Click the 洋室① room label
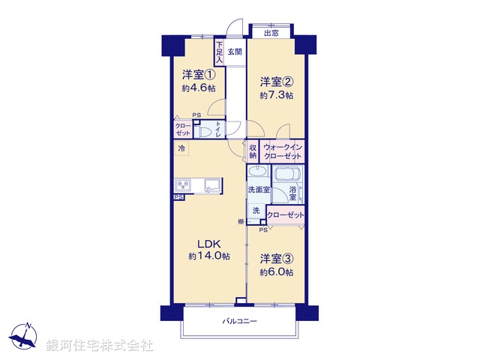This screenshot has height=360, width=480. coord(199,75)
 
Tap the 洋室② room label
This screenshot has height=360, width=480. coord(276,82)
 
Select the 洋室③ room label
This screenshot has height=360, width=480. coord(276,259)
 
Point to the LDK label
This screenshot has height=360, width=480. coord(209,244)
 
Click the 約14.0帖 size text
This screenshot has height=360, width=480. coord(209,256)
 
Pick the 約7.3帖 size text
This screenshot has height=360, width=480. coord(276,95)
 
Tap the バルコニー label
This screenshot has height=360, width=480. coord(240,321)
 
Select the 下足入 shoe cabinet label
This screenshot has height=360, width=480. coord(219,52)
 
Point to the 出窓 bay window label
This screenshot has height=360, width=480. coord(271,32)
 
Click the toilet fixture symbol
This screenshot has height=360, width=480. coord(205,131)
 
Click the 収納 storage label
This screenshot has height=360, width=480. coord(253,153)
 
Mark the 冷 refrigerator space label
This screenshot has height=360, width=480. coord(181,148)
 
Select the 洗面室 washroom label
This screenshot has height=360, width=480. coord(259,191)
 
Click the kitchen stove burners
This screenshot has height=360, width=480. coord(184,185)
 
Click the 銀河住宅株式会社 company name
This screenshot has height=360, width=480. coord(100,346)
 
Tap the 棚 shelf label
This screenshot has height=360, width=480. coord(241,221)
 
